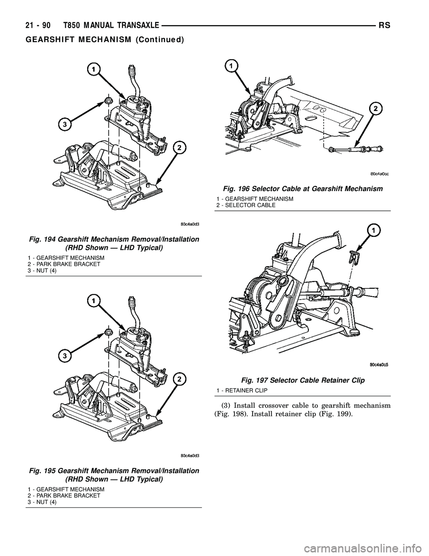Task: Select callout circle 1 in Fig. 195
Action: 94,300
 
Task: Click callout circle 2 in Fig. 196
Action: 376,109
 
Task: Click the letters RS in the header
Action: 385,26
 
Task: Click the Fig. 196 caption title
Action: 300,189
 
